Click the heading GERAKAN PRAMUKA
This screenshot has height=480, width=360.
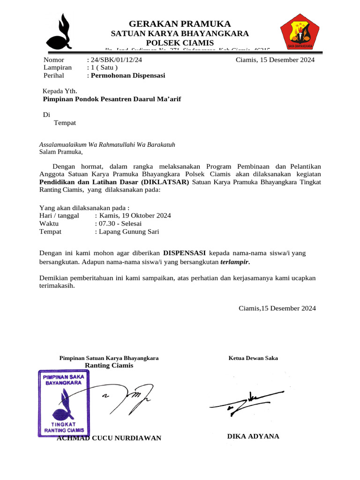click(x=180, y=23)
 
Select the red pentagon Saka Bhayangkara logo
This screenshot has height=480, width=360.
click(x=300, y=31)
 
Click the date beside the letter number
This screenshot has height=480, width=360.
click(x=275, y=60)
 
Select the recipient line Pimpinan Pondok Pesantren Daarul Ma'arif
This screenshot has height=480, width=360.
click(x=112, y=99)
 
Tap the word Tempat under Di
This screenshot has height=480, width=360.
click(x=65, y=123)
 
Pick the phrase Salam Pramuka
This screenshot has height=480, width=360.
click(x=60, y=152)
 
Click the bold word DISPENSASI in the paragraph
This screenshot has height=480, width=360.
click(x=184, y=253)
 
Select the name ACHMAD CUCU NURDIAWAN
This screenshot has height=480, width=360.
click(x=109, y=438)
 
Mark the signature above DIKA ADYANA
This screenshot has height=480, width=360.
click(x=247, y=402)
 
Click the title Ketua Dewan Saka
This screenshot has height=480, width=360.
click(x=253, y=358)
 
